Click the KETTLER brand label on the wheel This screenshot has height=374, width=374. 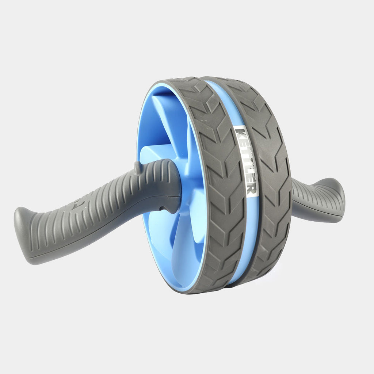click(x=246, y=161)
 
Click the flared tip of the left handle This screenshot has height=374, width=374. click(x=23, y=235)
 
